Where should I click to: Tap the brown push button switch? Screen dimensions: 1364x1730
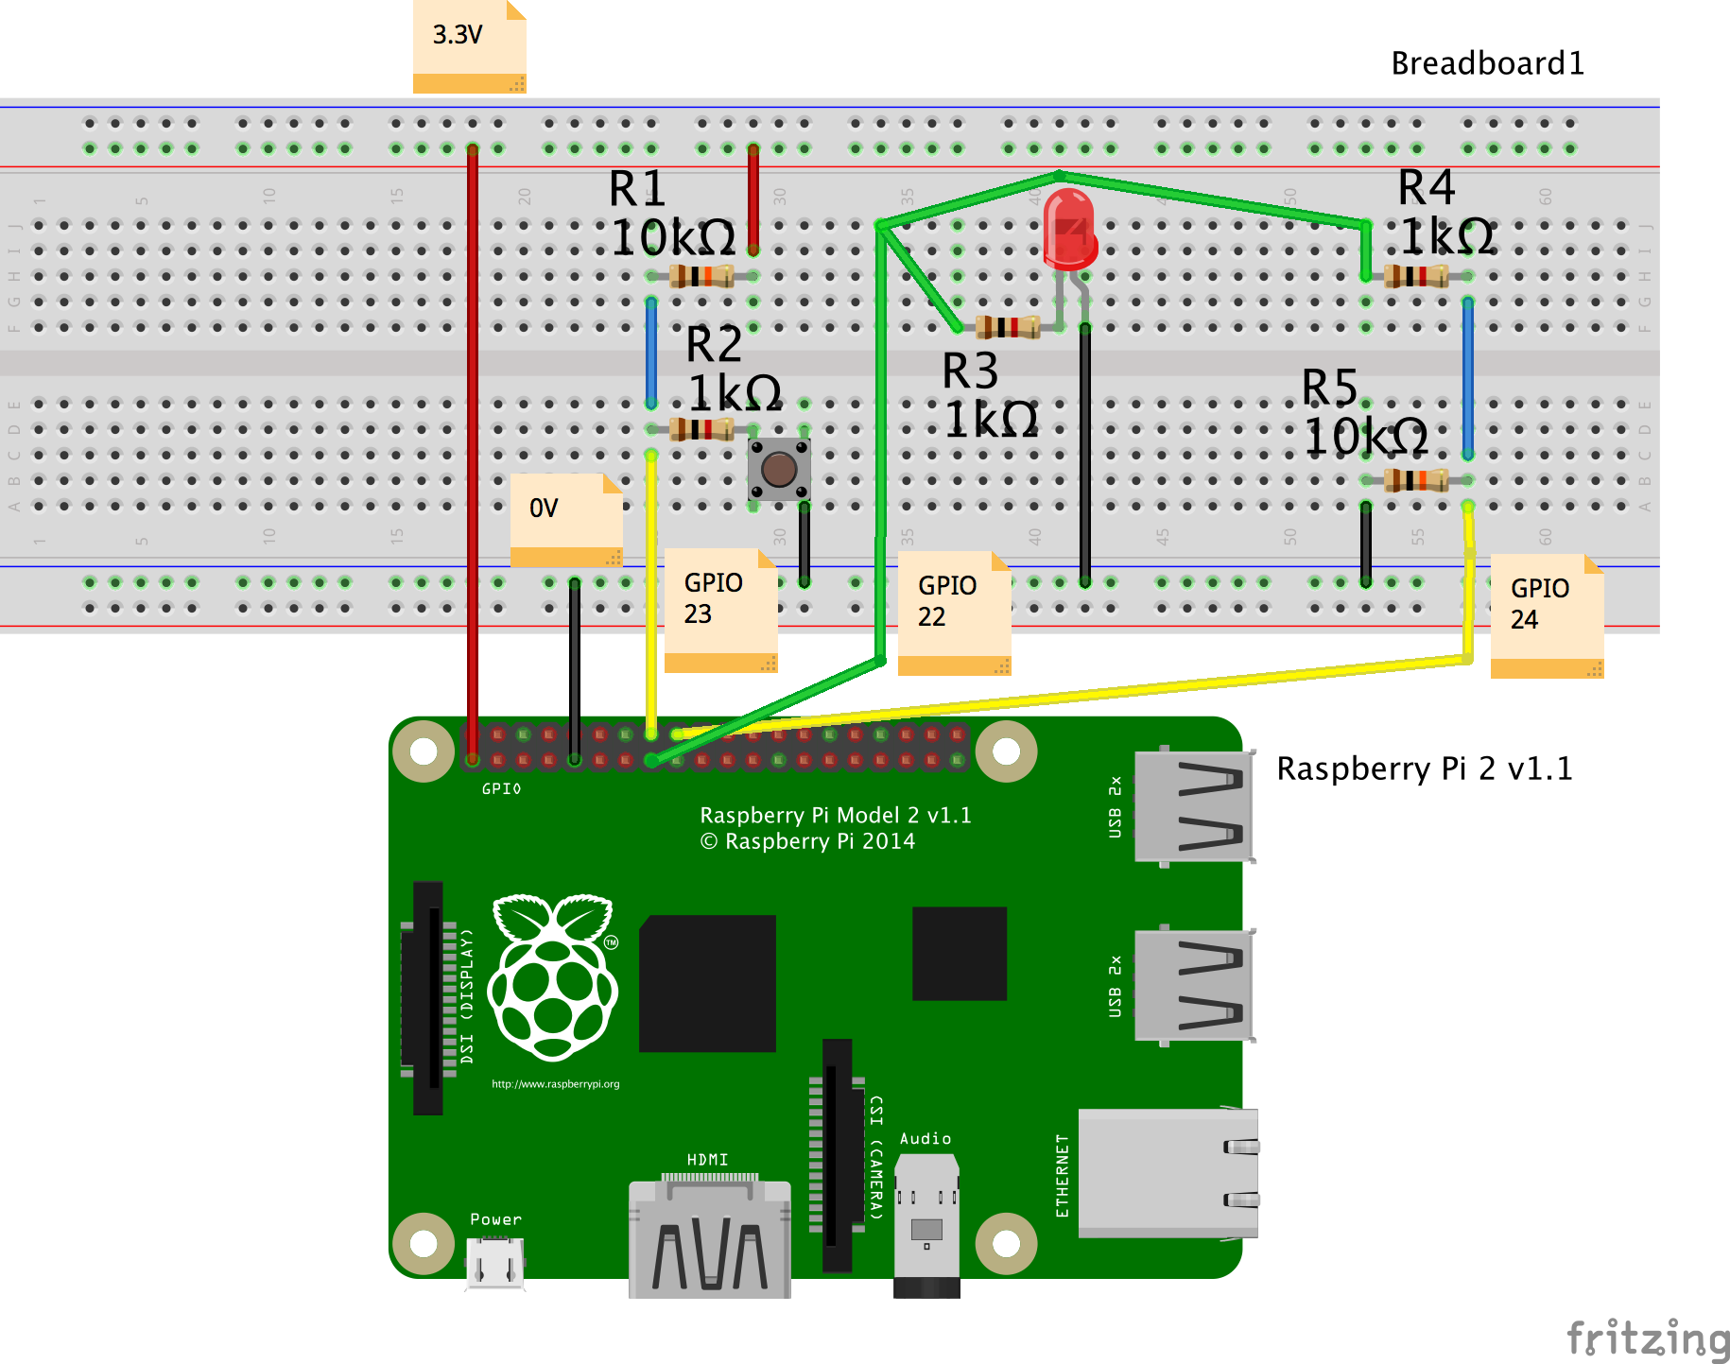pos(779,469)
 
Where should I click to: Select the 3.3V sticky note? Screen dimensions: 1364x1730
pos(469,45)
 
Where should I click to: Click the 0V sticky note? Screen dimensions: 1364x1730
pos(565,519)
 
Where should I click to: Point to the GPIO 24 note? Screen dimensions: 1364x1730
pos(1547,615)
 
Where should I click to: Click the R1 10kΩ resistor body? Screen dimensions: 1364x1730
pos(701,276)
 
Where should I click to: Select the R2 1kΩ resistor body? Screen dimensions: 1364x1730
pos(701,429)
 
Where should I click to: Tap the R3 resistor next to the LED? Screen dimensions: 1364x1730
pos(1008,327)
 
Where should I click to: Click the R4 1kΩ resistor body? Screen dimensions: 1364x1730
pos(1416,276)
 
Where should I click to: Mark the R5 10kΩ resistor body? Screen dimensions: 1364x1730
pos(1416,480)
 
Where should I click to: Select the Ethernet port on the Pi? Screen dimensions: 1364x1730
pos(1168,1173)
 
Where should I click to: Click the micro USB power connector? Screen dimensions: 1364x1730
pos(495,1262)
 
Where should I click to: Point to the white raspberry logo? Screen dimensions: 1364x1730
pos(553,977)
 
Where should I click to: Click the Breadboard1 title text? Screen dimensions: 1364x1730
pos(1487,63)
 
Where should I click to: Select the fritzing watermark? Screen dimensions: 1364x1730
pos(1648,1338)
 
